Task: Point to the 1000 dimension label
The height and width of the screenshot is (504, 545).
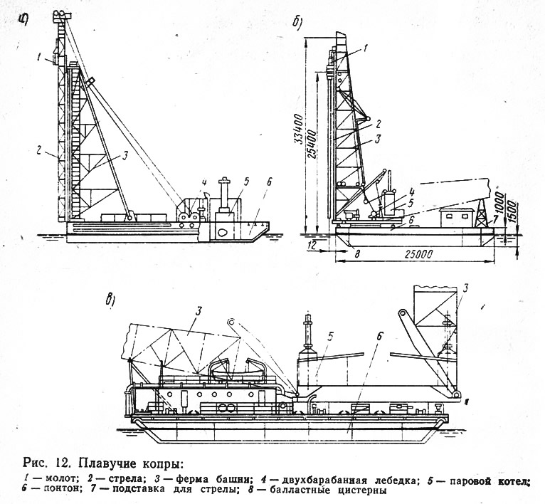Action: pyautogui.click(x=499, y=200)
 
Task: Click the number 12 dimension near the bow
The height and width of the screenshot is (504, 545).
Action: pyautogui.click(x=311, y=246)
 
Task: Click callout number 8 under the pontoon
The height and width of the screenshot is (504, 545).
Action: pyautogui.click(x=356, y=253)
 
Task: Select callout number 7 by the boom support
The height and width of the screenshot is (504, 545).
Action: pyautogui.click(x=490, y=220)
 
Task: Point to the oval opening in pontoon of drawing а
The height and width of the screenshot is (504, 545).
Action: pyautogui.click(x=222, y=231)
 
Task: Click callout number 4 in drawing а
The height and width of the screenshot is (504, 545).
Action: pyautogui.click(x=204, y=182)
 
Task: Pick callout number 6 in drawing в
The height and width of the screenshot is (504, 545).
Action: pyautogui.click(x=379, y=337)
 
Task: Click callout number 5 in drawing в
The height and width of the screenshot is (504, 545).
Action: pyautogui.click(x=330, y=336)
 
